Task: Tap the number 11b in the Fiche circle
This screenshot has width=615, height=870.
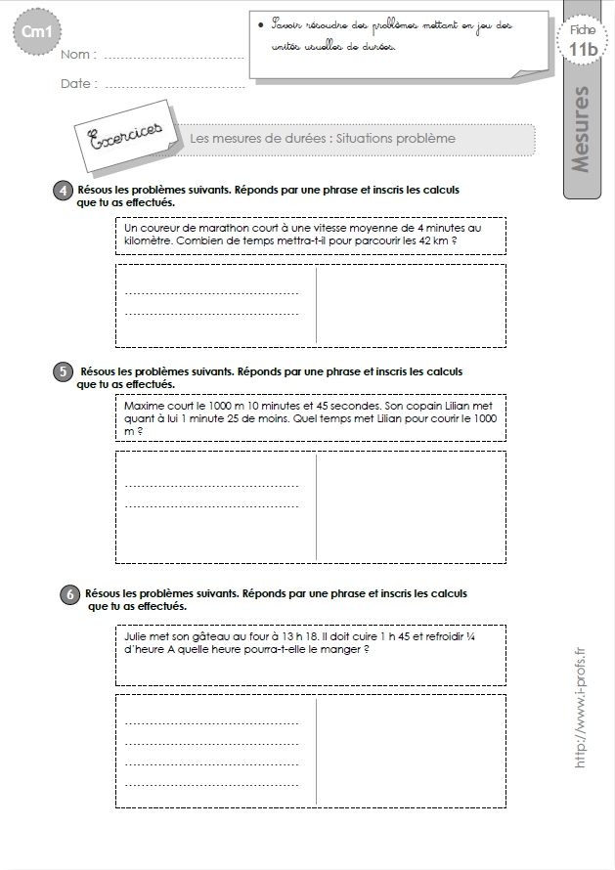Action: click(x=584, y=50)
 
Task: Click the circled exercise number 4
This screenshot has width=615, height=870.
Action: click(x=62, y=191)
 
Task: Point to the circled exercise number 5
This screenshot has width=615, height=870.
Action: click(x=62, y=372)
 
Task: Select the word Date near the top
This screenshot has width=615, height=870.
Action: click(x=78, y=84)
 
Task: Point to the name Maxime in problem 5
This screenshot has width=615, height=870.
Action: click(x=146, y=405)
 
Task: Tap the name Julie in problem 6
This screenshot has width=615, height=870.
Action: click(x=140, y=634)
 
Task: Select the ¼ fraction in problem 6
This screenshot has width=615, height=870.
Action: click(x=497, y=634)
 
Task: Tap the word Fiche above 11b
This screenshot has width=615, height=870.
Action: click(x=583, y=30)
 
